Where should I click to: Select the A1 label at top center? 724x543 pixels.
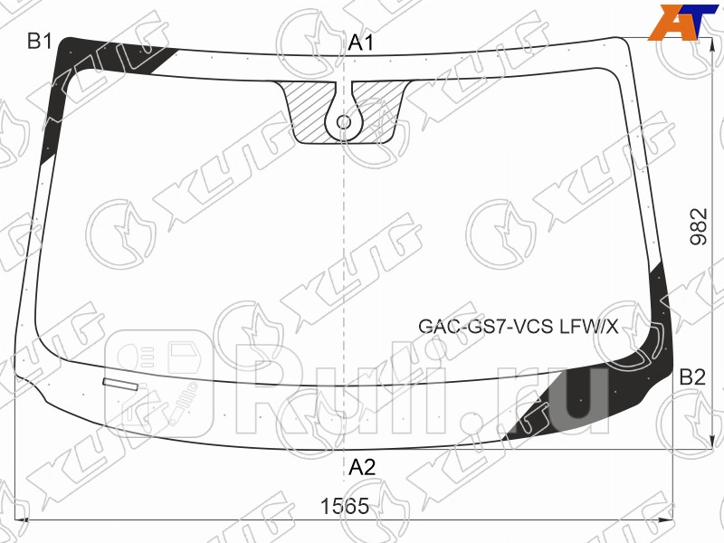point(361,43)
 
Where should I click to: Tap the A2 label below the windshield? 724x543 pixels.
point(362,467)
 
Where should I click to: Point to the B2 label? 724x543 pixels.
point(692,377)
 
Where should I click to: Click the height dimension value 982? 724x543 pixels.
point(698,227)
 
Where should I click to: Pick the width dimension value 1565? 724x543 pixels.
point(345,507)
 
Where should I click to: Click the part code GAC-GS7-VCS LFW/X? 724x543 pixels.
point(518,327)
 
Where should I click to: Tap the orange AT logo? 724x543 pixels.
point(679,21)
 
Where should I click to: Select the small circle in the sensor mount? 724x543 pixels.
point(344,121)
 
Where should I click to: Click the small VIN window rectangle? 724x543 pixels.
point(121,384)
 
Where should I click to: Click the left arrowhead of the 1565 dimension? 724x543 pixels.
point(23,519)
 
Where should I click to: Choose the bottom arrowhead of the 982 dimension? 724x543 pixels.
point(672,446)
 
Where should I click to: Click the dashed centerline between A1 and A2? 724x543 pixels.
point(344,271)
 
